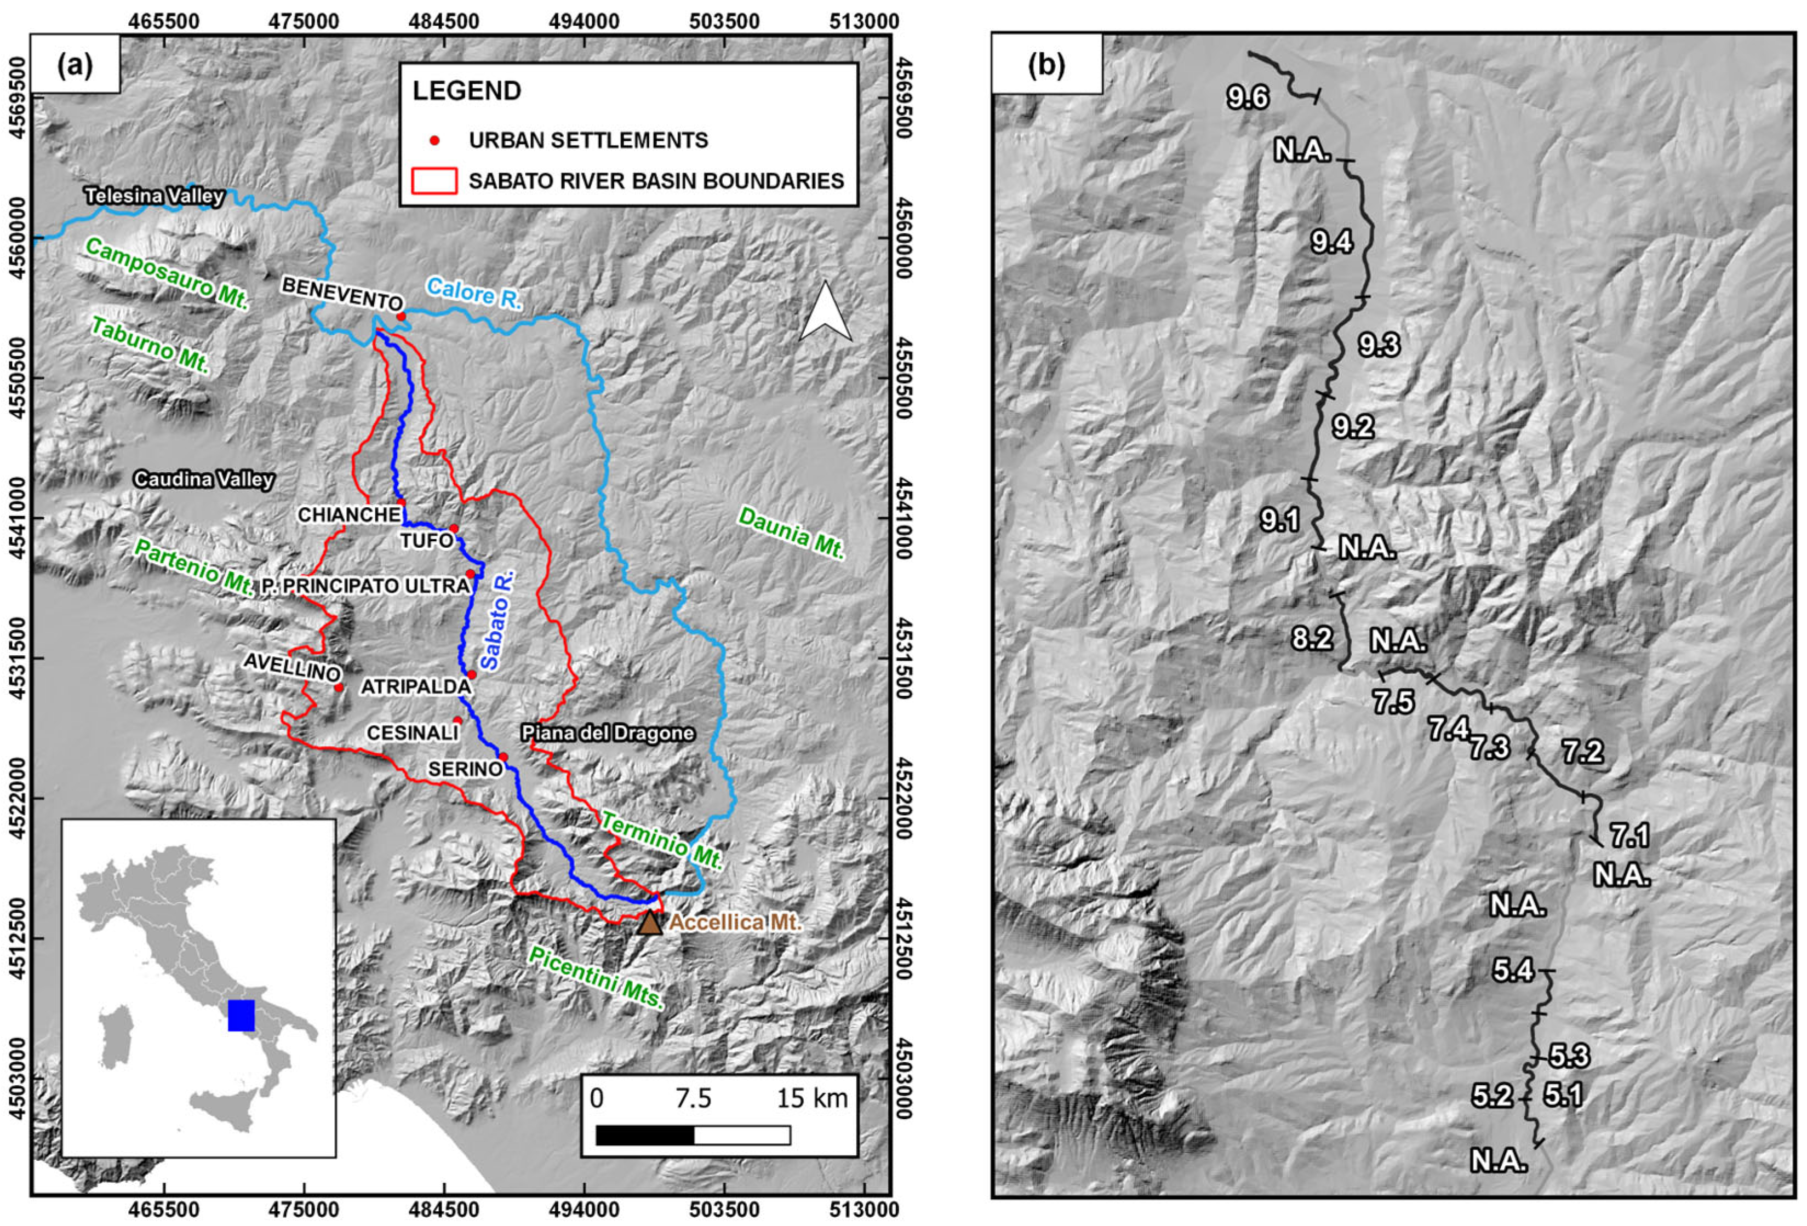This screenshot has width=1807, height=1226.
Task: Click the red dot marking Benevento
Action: point(401,317)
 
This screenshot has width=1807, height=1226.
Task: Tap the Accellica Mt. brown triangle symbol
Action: point(650,922)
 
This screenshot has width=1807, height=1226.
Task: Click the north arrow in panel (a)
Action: point(826,311)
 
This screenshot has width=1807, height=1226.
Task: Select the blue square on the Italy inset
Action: point(242,1015)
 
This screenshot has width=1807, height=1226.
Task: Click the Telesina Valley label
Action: point(155,196)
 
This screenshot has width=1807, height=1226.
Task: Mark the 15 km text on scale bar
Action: point(812,1098)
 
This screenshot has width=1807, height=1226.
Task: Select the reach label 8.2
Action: point(1312,638)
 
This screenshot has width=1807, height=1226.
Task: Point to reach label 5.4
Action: point(1512,971)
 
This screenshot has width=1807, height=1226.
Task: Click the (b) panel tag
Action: point(1047,65)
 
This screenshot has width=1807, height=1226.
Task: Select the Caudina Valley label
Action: point(204,480)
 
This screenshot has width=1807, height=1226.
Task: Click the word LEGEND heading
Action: point(466,91)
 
